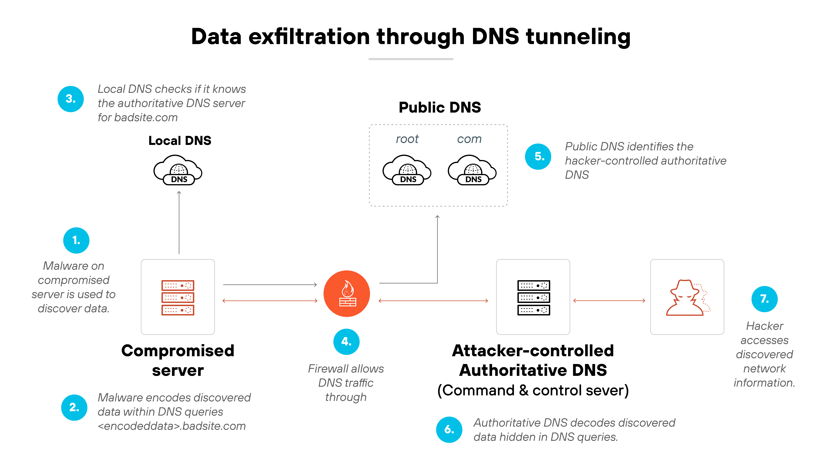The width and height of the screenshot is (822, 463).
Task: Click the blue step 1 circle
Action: coord(76,240)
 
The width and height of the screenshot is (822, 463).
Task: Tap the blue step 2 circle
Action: coord(74,407)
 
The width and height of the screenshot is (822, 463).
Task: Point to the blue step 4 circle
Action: coord(346,342)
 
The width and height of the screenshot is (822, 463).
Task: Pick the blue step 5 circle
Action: coord(538,157)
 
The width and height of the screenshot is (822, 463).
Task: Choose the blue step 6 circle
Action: coord(449,429)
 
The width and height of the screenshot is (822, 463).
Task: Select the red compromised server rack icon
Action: coord(178,297)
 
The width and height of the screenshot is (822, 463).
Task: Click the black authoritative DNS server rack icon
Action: coord(533,297)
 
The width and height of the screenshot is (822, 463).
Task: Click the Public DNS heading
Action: coord(440,107)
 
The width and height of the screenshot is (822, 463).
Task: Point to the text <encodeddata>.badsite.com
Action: coord(172,426)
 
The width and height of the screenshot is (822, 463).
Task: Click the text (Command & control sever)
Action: coord(533,390)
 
